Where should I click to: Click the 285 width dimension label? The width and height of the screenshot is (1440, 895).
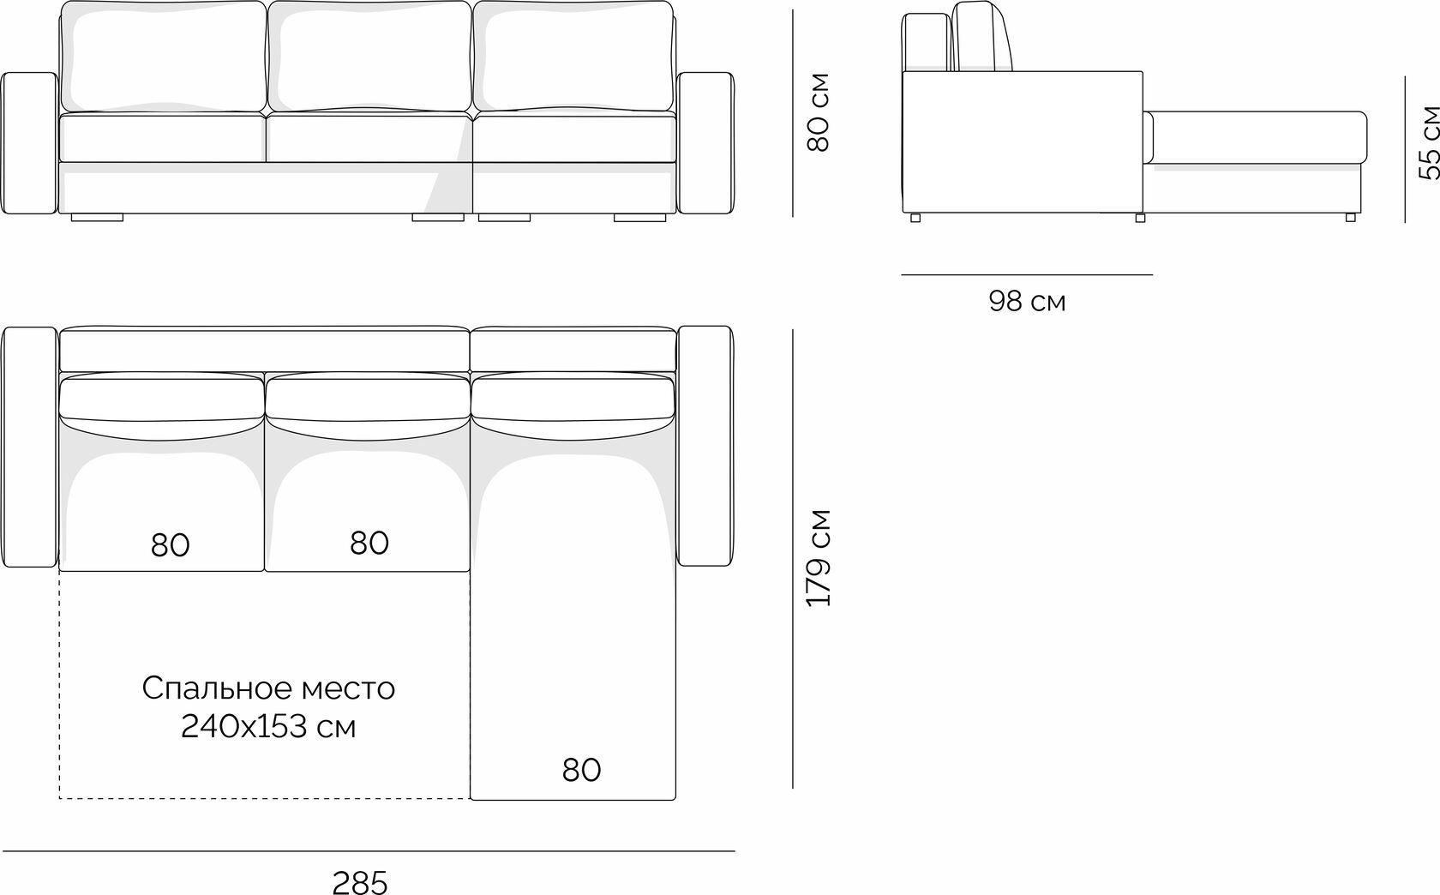pos(360,882)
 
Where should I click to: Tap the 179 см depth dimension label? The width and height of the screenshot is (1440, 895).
pos(819,558)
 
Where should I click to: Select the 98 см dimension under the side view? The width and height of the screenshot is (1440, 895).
pos(1027,301)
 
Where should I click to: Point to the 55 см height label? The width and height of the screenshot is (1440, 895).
pos(1428,142)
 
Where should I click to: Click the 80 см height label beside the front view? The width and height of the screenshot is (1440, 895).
pos(819,112)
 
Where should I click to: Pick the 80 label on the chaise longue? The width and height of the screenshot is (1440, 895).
pos(581,770)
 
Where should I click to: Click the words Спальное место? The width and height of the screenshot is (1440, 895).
pos(268,688)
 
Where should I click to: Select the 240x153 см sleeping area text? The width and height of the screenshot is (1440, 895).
pos(268,727)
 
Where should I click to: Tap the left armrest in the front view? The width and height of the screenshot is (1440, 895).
pos(29,142)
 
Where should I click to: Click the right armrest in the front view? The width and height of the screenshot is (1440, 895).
pos(706,142)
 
